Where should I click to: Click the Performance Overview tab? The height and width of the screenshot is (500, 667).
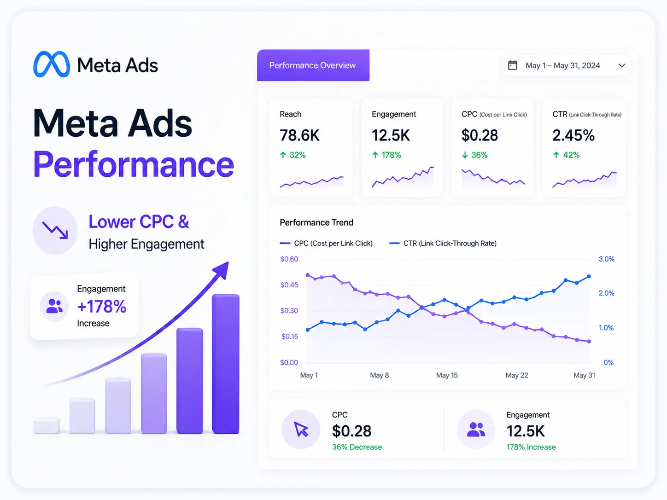click(313, 65)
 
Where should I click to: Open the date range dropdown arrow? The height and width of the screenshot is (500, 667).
click(622, 65)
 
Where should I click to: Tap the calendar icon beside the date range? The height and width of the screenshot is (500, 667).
click(512, 65)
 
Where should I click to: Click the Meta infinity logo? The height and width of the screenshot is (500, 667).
click(51, 64)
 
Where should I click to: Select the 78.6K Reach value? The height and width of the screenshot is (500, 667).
click(299, 135)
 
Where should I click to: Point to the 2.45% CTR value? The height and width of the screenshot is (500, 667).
click(573, 135)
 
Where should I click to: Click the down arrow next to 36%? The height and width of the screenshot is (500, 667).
click(465, 155)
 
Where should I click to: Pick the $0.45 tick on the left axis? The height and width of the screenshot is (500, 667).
click(289, 285)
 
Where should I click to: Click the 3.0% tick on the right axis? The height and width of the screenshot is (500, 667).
click(606, 259)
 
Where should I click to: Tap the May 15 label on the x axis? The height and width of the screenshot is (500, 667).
click(447, 375)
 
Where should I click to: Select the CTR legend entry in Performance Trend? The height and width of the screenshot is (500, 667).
click(443, 243)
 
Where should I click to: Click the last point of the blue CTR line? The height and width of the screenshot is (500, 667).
click(589, 276)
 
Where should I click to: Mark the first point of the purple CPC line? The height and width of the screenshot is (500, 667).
click(308, 275)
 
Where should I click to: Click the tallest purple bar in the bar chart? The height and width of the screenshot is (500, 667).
click(225, 364)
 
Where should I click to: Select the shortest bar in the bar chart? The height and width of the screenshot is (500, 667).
click(47, 425)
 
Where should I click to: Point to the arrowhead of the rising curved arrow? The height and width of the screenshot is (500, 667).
click(222, 270)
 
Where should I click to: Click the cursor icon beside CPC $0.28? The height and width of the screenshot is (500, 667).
click(301, 430)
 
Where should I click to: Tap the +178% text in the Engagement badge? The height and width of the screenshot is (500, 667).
click(101, 306)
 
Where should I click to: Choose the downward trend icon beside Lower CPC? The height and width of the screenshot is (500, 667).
click(55, 230)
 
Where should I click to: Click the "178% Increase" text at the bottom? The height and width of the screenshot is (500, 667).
click(531, 447)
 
